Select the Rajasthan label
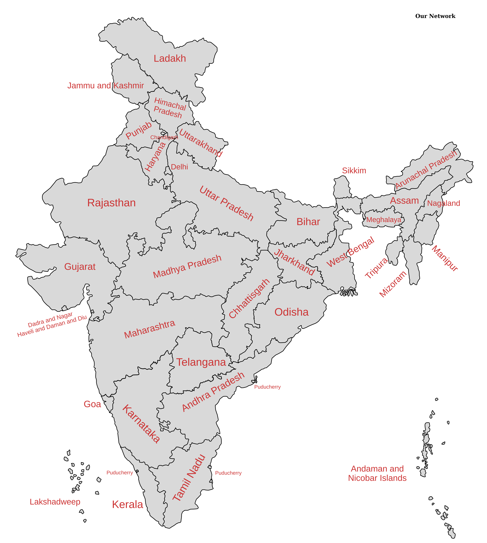pos(111,203)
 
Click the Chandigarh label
pos(164,137)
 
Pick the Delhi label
pos(179,167)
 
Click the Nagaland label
pos(443,203)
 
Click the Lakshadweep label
pos(55,502)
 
